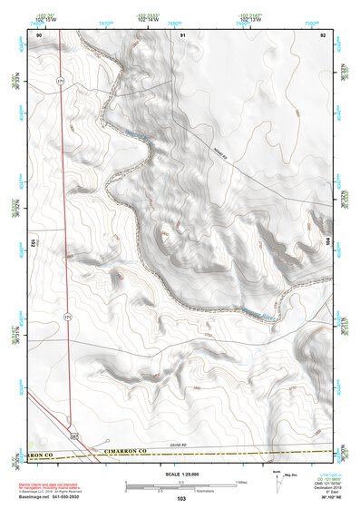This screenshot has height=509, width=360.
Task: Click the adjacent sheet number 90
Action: tap(39, 34)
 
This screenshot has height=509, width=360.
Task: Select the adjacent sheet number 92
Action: tap(323, 34)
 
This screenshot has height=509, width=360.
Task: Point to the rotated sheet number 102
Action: tap(33, 243)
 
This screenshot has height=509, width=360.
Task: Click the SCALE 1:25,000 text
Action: tap(180, 475)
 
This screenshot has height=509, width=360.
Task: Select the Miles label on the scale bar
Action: tap(241, 482)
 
